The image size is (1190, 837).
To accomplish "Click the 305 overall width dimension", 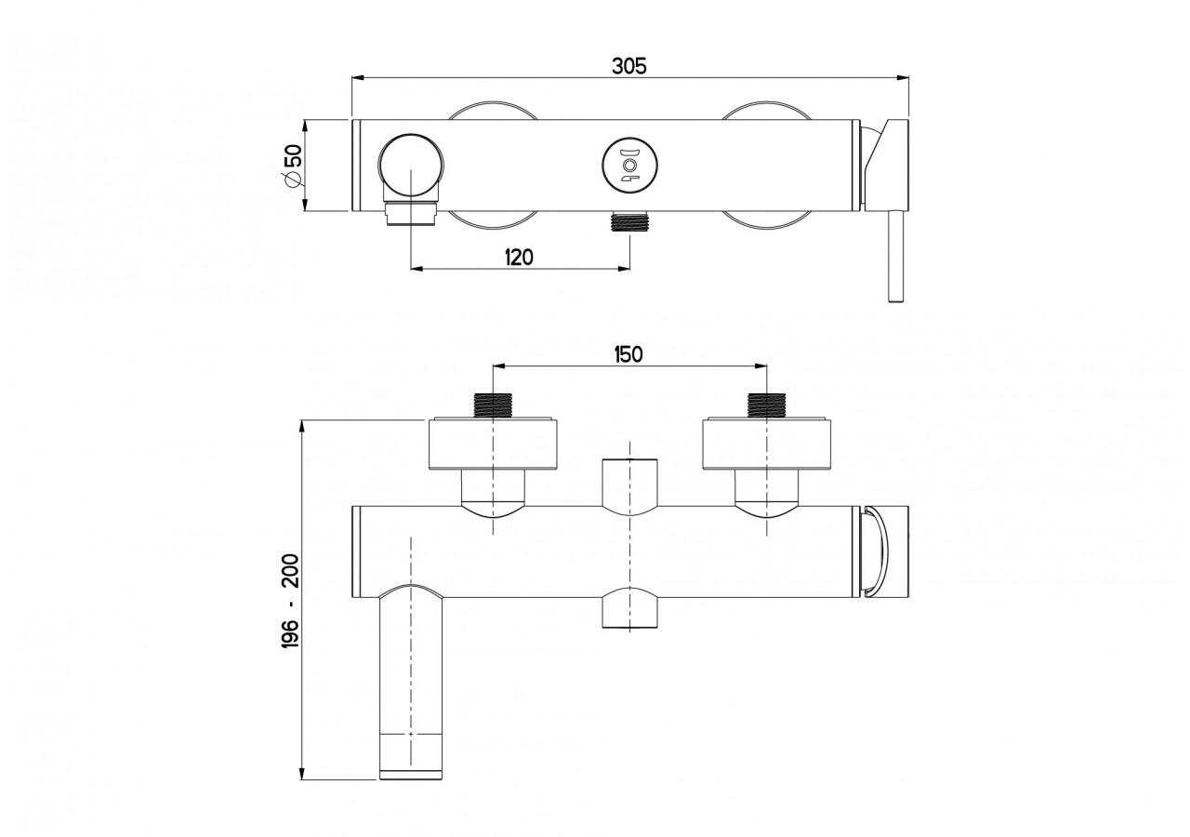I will [629, 65].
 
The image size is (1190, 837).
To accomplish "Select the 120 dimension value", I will [519, 257].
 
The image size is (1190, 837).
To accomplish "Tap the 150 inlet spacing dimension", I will [628, 353].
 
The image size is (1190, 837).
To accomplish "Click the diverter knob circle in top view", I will [629, 166].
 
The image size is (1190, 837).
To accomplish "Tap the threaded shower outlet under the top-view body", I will [629, 222].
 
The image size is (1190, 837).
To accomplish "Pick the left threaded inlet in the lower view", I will [493, 405].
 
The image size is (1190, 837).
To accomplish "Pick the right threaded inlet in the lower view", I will [766, 405].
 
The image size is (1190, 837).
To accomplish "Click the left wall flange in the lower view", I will [493, 445].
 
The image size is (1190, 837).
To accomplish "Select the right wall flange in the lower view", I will [766, 445].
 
